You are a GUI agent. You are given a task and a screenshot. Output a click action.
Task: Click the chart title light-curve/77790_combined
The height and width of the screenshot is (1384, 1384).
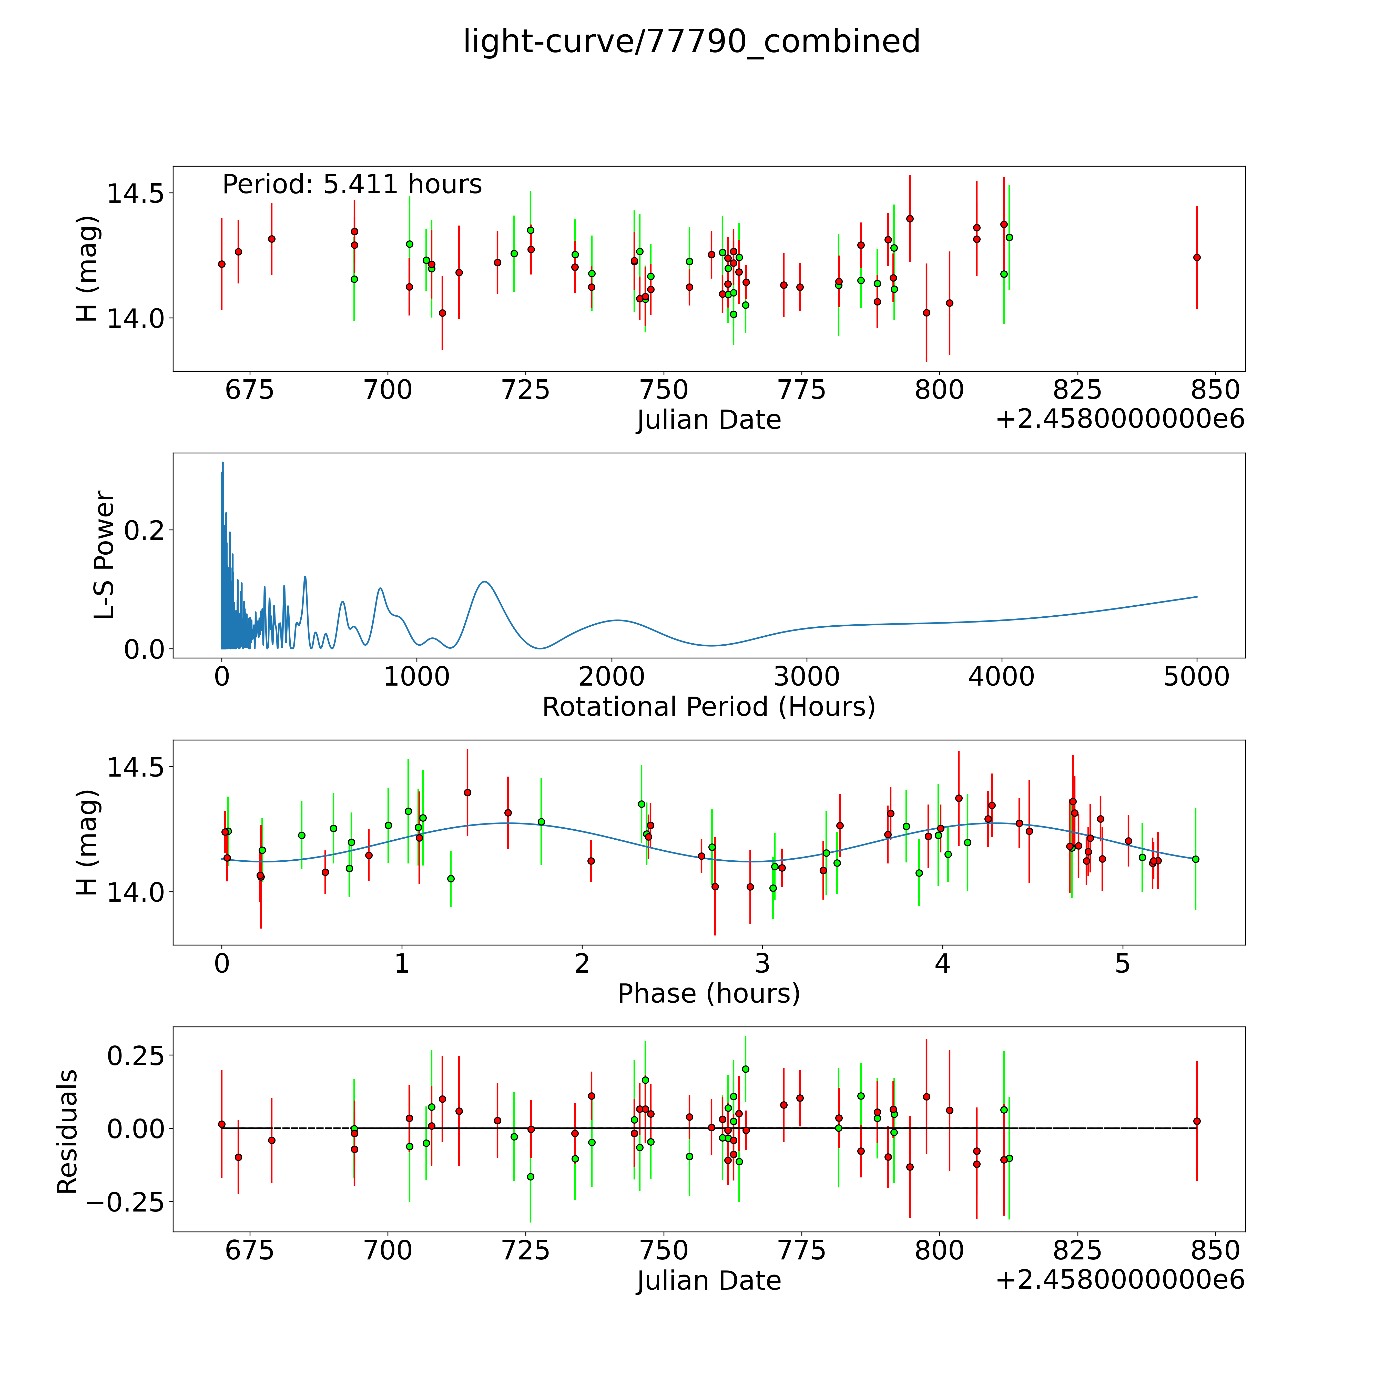[x=691, y=42]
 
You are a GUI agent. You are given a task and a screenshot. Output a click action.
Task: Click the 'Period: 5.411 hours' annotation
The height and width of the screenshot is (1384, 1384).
[x=352, y=185]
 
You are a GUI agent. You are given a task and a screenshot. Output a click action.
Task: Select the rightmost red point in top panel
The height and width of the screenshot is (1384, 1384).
[x=1196, y=257]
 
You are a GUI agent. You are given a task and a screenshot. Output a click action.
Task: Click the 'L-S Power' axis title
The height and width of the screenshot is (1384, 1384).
[x=105, y=555]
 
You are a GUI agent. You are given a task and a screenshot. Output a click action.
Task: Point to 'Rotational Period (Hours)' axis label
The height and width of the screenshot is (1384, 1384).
[x=708, y=707]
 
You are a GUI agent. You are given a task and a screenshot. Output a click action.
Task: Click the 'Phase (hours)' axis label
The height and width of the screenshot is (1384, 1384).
[x=708, y=994]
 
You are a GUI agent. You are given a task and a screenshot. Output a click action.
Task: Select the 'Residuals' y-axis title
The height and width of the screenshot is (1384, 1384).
[x=67, y=1132]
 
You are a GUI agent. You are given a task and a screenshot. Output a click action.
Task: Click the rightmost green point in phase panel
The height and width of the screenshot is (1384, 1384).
[x=1195, y=859]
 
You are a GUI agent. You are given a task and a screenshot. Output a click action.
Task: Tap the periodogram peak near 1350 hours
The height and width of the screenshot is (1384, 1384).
[x=485, y=582]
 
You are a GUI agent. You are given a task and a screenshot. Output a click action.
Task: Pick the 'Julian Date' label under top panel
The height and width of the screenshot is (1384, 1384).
[x=708, y=420]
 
